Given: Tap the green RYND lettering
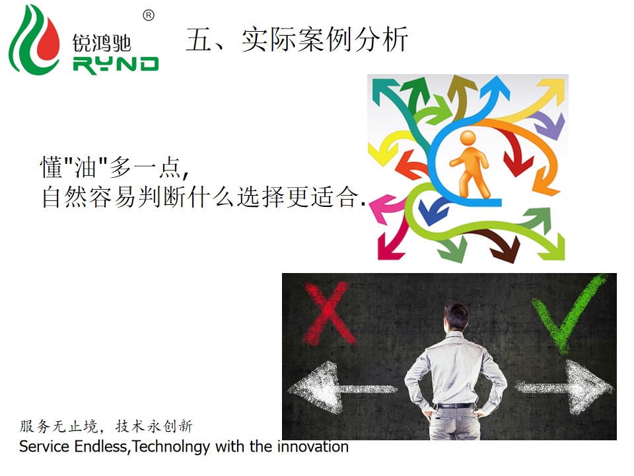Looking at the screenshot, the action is point(116,65).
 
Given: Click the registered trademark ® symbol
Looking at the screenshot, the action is point(149,15).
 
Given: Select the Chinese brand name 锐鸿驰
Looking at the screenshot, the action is point(102,42).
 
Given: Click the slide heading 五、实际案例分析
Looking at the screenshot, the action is point(297,39).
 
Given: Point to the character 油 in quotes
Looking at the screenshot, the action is point(85,167).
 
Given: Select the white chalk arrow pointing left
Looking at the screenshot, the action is point(341,388).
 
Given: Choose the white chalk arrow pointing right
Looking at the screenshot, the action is point(564,387).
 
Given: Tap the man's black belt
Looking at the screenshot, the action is point(454,405).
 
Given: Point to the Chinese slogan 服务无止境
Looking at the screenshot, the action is point(59,426).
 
